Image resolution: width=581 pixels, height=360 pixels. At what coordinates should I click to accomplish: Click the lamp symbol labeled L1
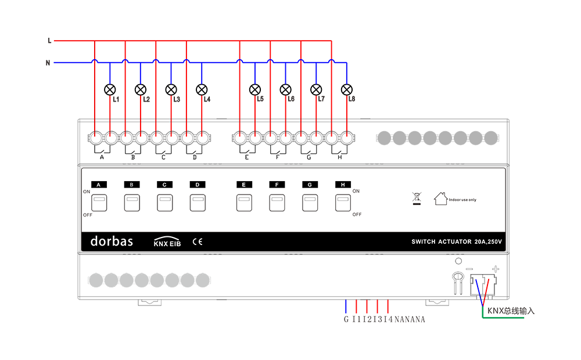pyautogui.click(x=110, y=89)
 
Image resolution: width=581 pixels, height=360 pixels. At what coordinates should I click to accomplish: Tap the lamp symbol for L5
pyautogui.click(x=255, y=89)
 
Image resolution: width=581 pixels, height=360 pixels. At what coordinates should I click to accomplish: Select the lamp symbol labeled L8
pyautogui.click(x=346, y=89)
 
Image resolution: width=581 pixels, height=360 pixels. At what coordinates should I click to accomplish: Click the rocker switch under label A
pyautogui.click(x=99, y=203)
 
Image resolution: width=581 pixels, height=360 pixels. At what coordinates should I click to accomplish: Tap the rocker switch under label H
pyautogui.click(x=343, y=203)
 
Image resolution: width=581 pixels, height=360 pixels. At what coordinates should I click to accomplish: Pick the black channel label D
pyautogui.click(x=198, y=185)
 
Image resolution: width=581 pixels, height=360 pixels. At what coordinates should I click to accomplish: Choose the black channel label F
pyautogui.click(x=277, y=185)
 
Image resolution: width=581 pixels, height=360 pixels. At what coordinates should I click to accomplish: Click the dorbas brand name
pyautogui.click(x=112, y=242)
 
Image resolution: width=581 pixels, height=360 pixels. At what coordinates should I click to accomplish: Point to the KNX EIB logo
pyautogui.click(x=167, y=242)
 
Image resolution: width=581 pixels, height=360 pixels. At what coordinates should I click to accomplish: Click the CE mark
pyautogui.click(x=198, y=242)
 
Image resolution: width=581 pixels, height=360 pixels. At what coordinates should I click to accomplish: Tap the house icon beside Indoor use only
pyautogui.click(x=440, y=199)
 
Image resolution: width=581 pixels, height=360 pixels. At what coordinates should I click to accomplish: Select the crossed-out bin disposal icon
pyautogui.click(x=417, y=198)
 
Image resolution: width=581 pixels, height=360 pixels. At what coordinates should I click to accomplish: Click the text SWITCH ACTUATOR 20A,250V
pyautogui.click(x=457, y=242)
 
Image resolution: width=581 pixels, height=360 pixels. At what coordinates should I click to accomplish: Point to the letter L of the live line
pyautogui.click(x=49, y=41)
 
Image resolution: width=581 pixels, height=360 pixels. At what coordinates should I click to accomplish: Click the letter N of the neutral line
pyautogui.click(x=48, y=63)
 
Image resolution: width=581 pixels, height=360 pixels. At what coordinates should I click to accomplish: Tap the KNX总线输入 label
pyautogui.click(x=511, y=311)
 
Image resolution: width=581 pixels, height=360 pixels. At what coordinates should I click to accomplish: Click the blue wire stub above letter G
pyautogui.click(x=346, y=307)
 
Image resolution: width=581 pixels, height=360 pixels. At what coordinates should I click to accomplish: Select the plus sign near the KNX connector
pyautogui.click(x=496, y=269)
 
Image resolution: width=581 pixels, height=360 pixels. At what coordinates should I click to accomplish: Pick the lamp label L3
pyautogui.click(x=177, y=99)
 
